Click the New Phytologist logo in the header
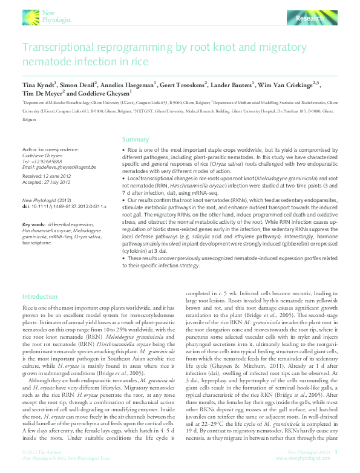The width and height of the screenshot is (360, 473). pos(45,16)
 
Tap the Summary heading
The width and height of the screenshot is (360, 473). pos(136,139)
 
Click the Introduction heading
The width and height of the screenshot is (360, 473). pos(40,297)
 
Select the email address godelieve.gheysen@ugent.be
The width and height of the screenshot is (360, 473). pos(51,167)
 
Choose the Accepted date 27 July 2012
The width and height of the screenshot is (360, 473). pos(54,182)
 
